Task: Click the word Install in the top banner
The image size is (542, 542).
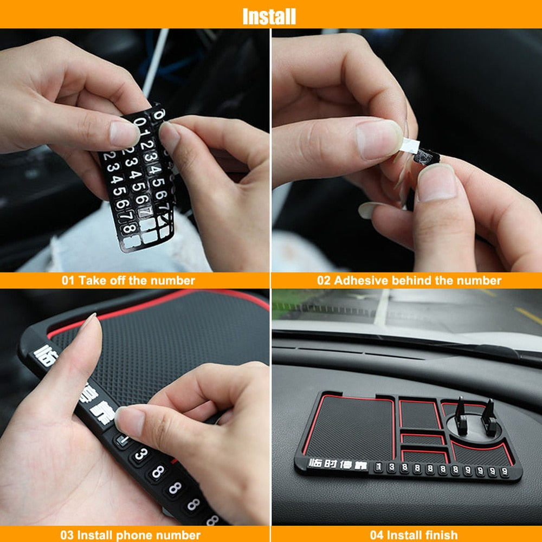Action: [269, 16]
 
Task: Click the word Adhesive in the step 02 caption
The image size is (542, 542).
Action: [359, 281]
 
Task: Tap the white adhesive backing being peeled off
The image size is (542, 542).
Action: [410, 145]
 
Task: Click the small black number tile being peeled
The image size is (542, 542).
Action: [427, 157]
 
